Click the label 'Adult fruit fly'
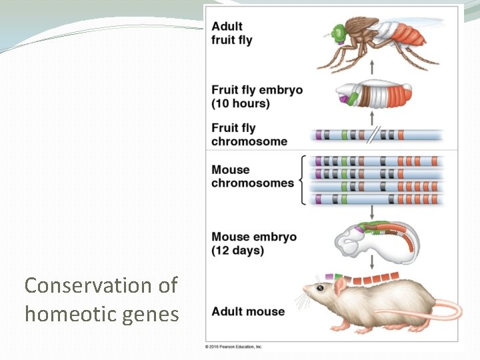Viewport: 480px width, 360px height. click(x=231, y=33)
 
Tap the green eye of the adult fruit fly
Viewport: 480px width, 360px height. click(x=339, y=31)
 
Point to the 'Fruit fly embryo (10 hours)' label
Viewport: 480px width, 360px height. click(x=257, y=97)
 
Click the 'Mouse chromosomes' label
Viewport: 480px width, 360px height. click(x=252, y=176)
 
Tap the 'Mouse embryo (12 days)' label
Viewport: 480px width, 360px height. click(x=253, y=243)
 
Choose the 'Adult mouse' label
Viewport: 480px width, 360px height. click(x=247, y=311)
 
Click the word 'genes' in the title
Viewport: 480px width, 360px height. click(x=154, y=313)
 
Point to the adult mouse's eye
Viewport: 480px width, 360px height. click(x=320, y=288)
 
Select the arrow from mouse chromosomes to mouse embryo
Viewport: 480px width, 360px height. click(x=371, y=212)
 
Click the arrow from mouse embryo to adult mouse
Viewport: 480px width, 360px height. click(x=371, y=260)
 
